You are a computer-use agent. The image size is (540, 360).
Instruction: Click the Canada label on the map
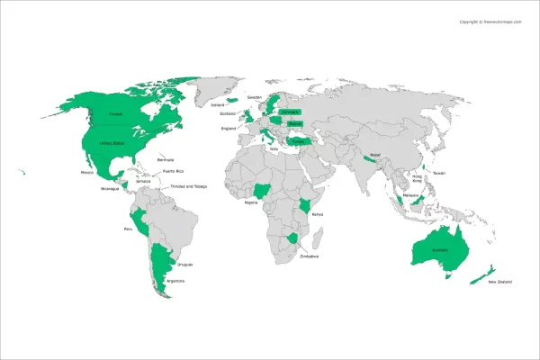pyautogui.click(x=115, y=114)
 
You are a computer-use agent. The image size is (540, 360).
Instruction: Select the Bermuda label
pyautogui.click(x=165, y=159)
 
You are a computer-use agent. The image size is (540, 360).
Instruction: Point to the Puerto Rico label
pyautogui.click(x=173, y=171)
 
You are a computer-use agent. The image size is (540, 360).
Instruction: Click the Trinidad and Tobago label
pyautogui.click(x=188, y=186)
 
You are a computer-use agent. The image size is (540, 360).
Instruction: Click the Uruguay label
pyautogui.click(x=185, y=265)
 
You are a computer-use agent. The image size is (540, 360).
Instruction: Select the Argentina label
pyautogui.click(x=175, y=281)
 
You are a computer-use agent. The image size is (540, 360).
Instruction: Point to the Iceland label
pyautogui.click(x=217, y=104)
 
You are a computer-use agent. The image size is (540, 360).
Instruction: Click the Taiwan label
pyautogui.click(x=438, y=172)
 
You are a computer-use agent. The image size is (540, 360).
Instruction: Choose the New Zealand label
pyautogui.click(x=499, y=283)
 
